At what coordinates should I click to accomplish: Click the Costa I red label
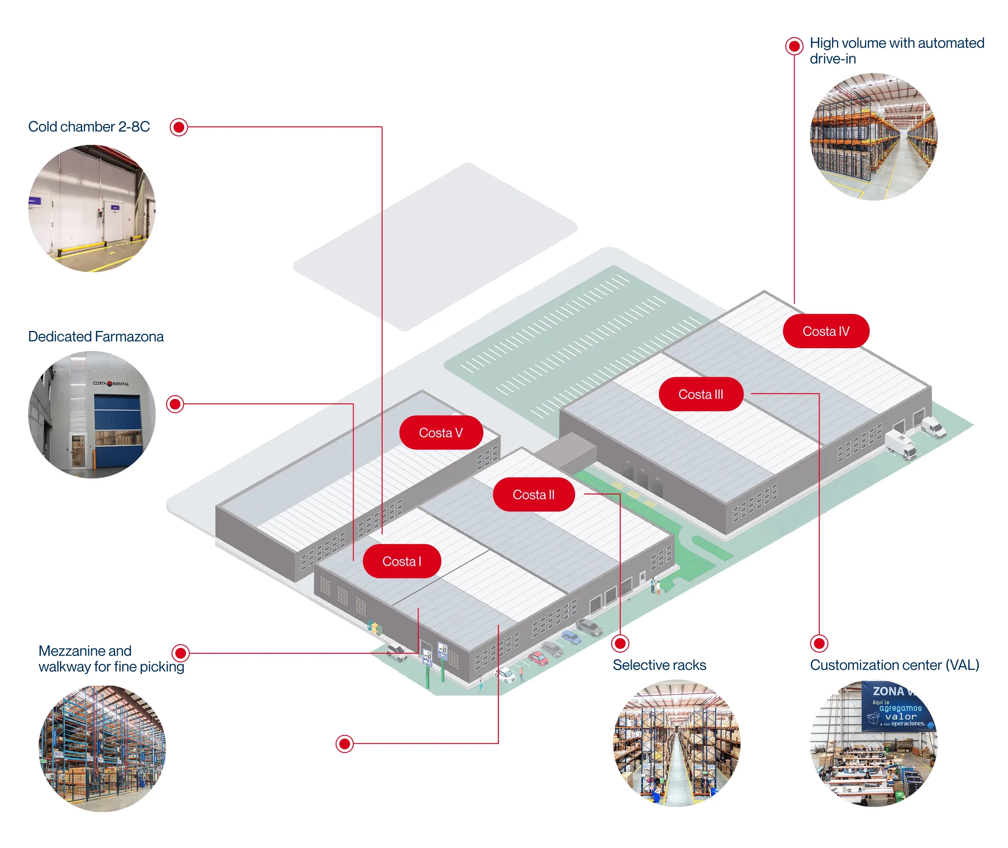click(x=401, y=561)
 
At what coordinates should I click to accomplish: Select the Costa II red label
click(x=533, y=494)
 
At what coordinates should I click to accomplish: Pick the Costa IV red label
click(x=825, y=331)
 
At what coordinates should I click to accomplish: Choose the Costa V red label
click(x=440, y=433)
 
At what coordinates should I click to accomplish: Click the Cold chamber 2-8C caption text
click(x=89, y=126)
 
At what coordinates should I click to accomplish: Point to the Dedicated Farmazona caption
click(x=96, y=336)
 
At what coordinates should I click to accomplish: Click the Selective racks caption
click(x=659, y=665)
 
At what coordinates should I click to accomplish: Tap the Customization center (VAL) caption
click(x=894, y=665)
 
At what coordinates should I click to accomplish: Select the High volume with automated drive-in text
click(x=896, y=51)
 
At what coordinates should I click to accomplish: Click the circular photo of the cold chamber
click(x=92, y=208)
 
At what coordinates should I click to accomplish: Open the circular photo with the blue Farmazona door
click(x=92, y=415)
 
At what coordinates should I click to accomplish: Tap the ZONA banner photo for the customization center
click(x=873, y=743)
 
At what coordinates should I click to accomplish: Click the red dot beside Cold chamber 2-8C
click(x=179, y=127)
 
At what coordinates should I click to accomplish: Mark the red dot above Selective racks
click(x=620, y=643)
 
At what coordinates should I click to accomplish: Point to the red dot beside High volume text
click(x=794, y=46)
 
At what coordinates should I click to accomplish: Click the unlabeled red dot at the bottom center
click(x=345, y=744)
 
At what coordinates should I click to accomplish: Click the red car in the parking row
click(x=538, y=658)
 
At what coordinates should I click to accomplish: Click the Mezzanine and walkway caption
click(x=111, y=659)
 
